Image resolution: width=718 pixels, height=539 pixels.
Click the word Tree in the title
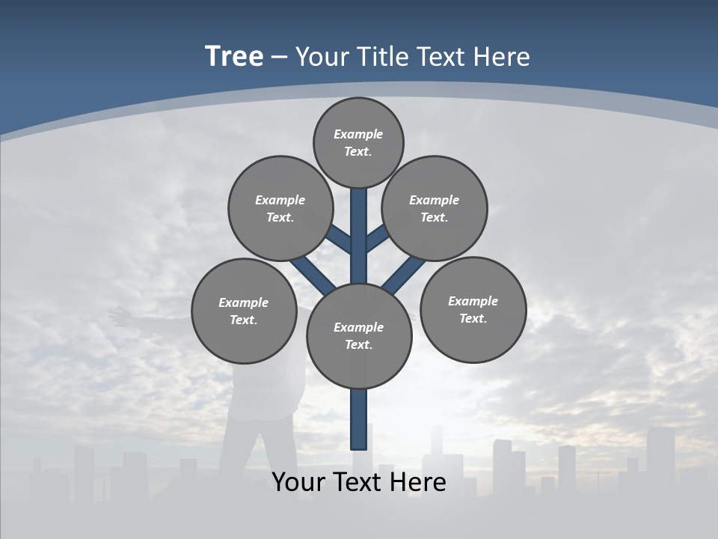(234, 57)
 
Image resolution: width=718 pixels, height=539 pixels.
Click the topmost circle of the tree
(358, 142)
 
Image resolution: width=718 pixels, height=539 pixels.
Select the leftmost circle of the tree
(244, 311)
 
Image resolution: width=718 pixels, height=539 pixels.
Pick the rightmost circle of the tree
(473, 310)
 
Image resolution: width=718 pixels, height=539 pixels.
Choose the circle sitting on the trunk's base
(359, 336)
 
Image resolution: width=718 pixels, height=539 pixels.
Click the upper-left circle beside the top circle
(280, 208)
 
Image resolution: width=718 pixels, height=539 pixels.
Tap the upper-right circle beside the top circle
(435, 208)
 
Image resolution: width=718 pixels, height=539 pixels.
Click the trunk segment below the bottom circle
(359, 419)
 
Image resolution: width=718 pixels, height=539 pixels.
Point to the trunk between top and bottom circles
(359, 240)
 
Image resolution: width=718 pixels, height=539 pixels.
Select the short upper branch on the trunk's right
(376, 238)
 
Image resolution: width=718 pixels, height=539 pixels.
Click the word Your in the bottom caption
(298, 482)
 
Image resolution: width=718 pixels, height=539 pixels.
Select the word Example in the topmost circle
(358, 134)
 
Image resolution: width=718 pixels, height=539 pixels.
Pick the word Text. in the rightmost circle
(473, 318)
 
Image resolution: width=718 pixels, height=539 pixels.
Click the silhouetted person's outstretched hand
(117, 315)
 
